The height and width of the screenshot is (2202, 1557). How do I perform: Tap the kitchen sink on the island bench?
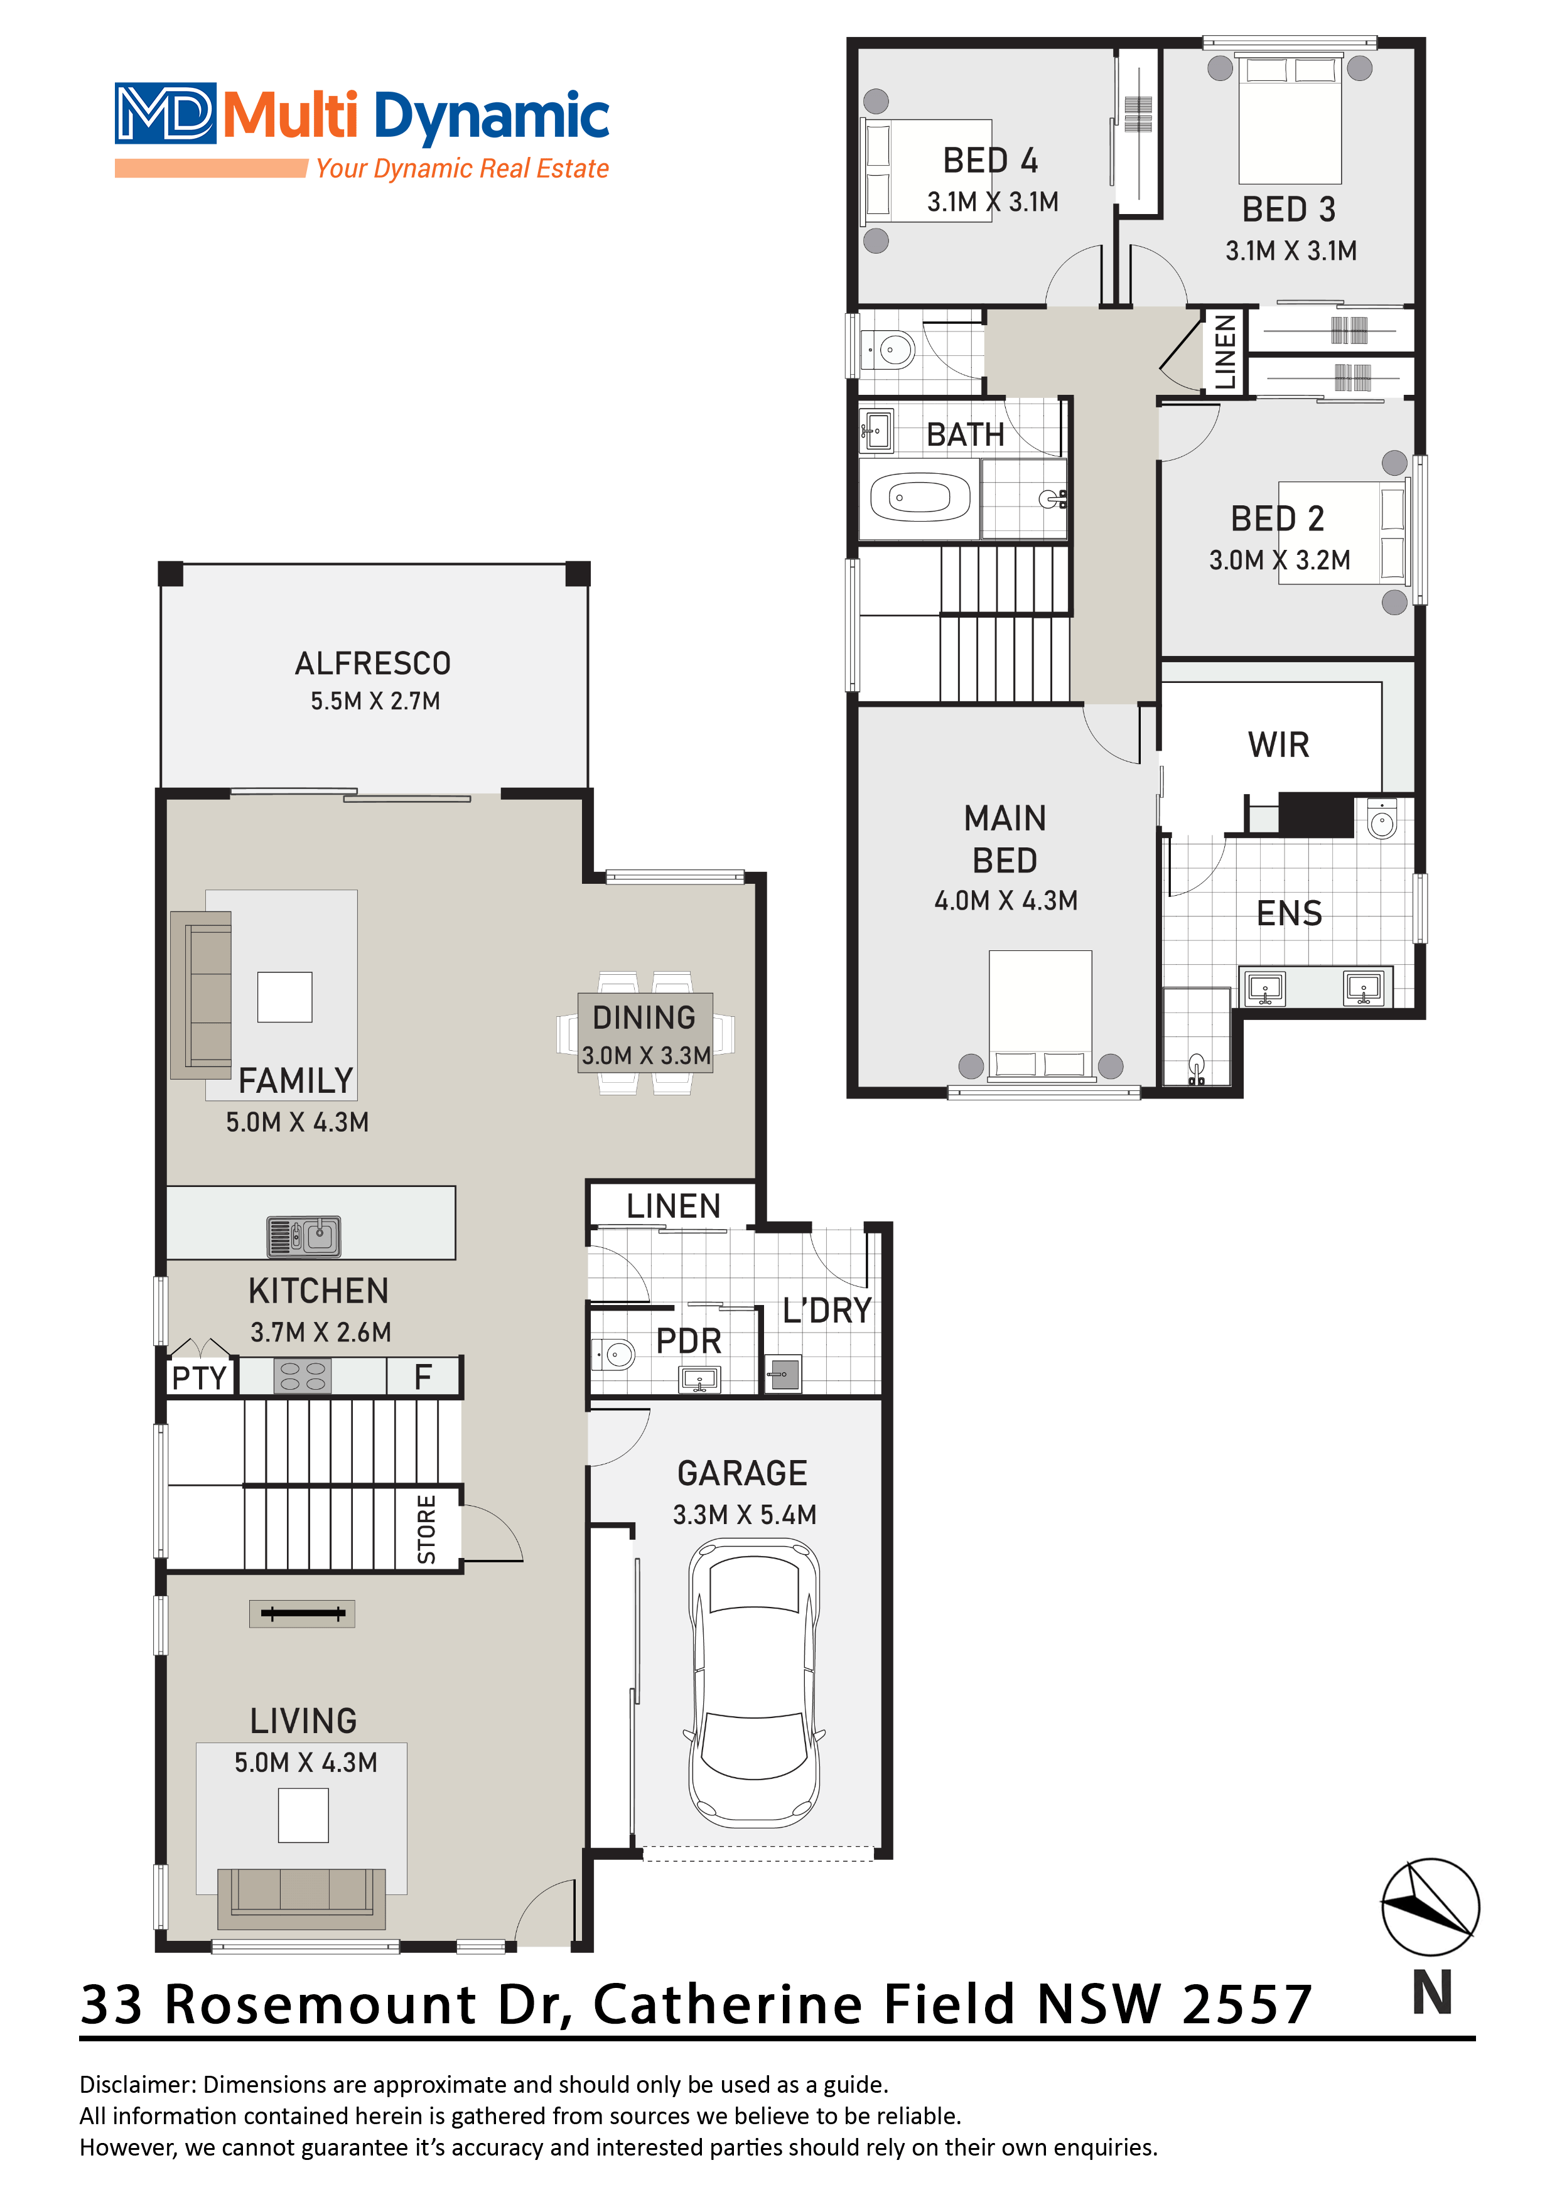303,1236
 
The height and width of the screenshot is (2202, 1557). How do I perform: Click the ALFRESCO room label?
372,663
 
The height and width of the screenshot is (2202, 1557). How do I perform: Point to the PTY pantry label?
200,1378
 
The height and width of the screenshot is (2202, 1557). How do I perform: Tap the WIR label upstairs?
1279,744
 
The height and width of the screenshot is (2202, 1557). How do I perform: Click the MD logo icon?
165,113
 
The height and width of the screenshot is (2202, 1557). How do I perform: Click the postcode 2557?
1247,2006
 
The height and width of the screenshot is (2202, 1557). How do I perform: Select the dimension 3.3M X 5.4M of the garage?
745,1515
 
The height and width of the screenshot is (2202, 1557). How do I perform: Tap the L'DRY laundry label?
826,1310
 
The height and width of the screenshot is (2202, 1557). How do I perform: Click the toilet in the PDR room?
614,1354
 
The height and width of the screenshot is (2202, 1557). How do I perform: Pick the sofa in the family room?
200,994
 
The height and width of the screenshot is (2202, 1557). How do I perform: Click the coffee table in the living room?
303,1815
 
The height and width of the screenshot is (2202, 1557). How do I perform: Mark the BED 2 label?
1278,519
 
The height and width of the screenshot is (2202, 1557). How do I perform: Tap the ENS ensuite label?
1290,913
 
